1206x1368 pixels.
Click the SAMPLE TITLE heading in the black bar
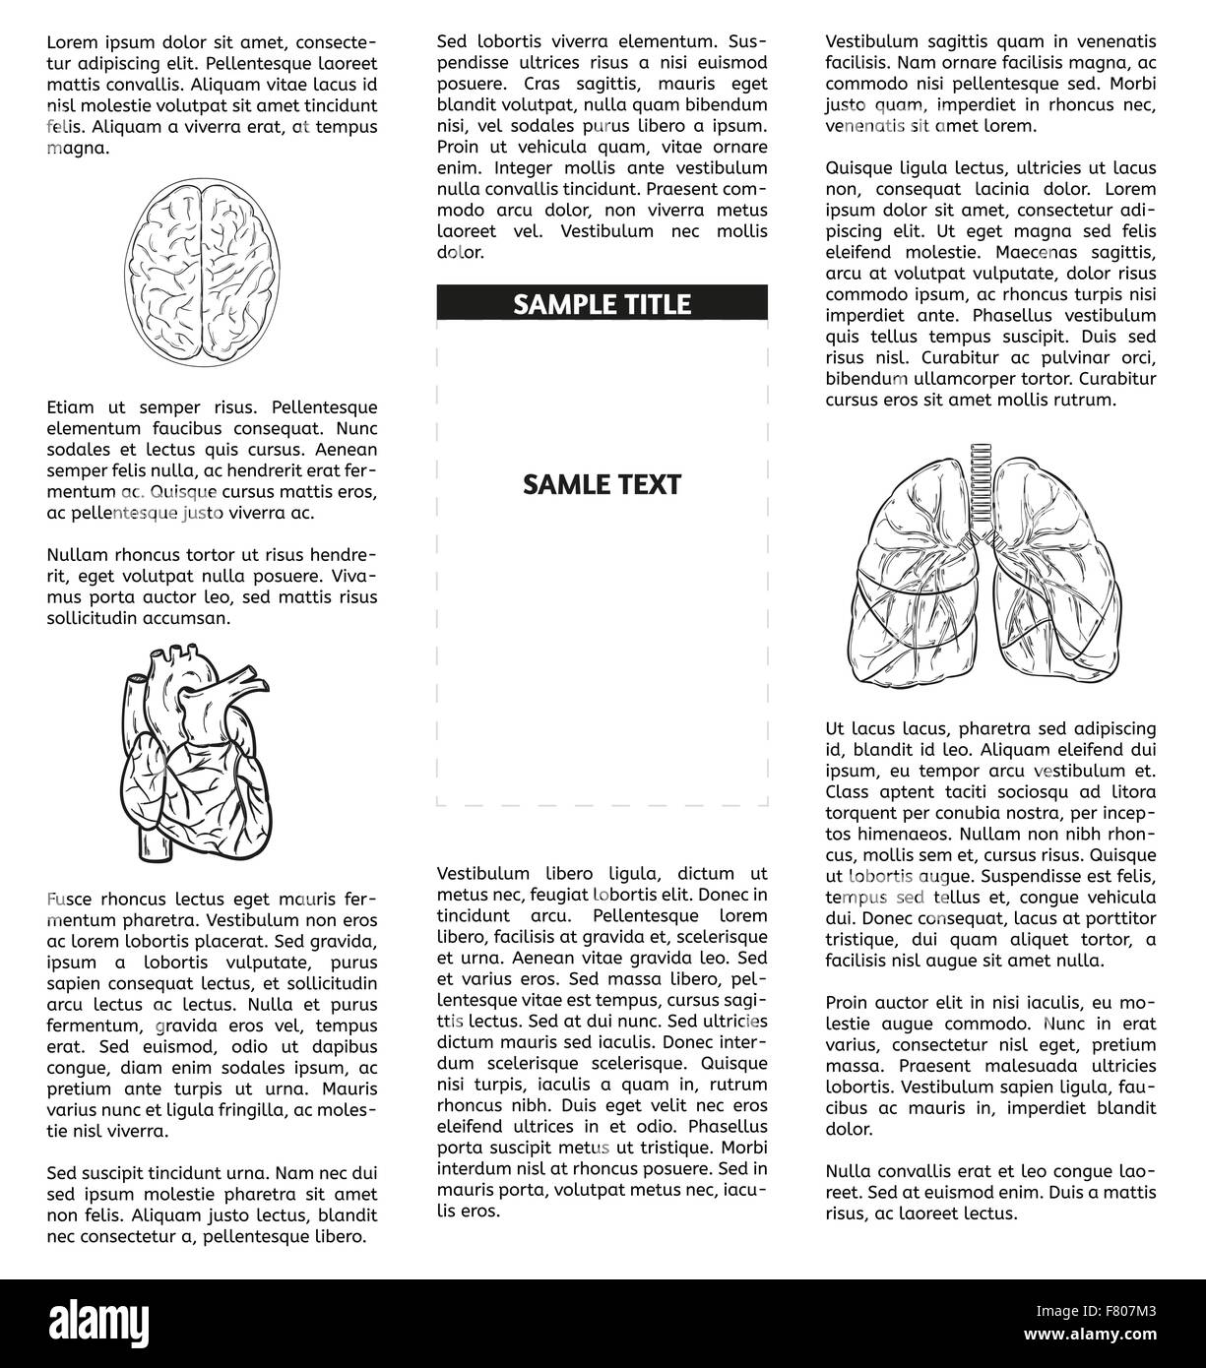pos(602,304)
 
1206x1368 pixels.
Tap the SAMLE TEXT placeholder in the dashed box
pos(602,484)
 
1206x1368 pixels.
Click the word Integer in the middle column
pos(526,168)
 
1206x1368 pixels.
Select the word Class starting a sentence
pos(848,792)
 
